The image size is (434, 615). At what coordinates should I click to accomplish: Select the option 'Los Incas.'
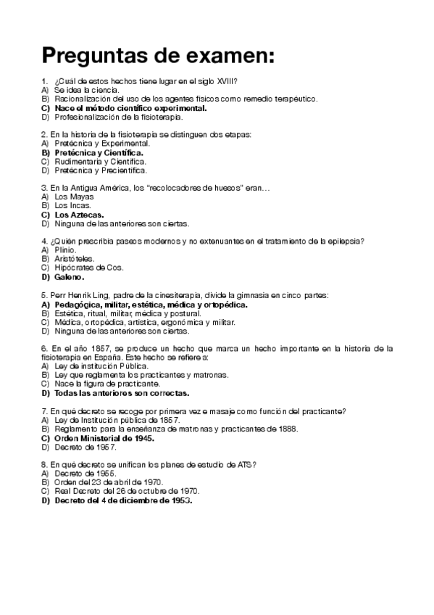coord(72,205)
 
